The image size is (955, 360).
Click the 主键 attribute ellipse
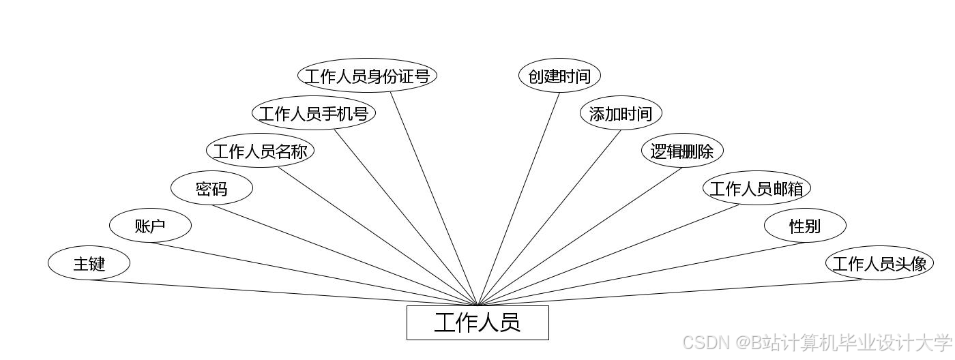(89, 263)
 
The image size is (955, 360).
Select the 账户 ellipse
(150, 226)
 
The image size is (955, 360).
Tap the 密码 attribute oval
(211, 189)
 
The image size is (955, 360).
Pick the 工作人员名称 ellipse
(260, 151)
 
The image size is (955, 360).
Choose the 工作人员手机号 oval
(313, 113)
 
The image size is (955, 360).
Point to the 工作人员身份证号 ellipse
(367, 76)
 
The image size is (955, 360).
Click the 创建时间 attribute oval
(559, 76)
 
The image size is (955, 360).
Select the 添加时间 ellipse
(621, 113)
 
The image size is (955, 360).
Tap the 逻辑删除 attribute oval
(682, 151)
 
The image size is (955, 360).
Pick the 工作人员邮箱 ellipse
(756, 188)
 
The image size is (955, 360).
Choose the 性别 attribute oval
(805, 226)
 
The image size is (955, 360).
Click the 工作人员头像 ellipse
(879, 263)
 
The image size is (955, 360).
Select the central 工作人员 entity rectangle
(477, 322)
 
